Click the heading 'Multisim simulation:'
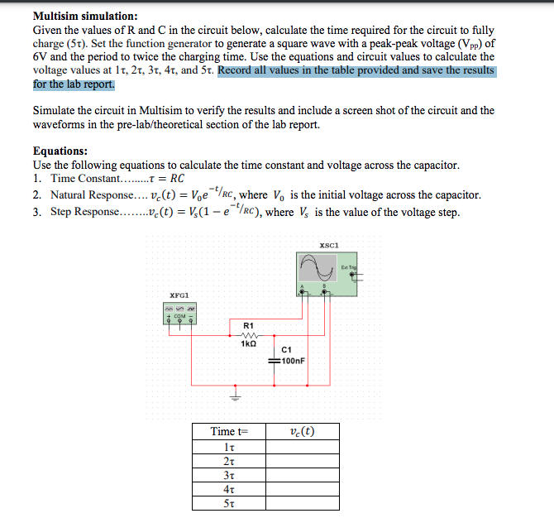(85, 16)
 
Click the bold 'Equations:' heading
(60, 151)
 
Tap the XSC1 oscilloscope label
(329, 245)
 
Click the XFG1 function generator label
(179, 295)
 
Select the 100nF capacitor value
(294, 362)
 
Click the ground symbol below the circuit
(234, 394)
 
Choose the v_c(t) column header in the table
(303, 431)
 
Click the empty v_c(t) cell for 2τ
(303, 461)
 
